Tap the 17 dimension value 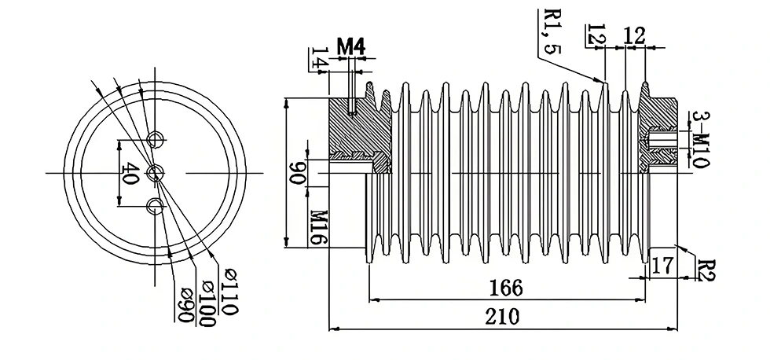pyautogui.click(x=661, y=265)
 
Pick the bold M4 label pyautogui.click(x=350, y=46)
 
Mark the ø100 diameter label pyautogui.click(x=207, y=296)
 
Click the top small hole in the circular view pyautogui.click(x=156, y=140)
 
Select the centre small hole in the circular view pyautogui.click(x=156, y=172)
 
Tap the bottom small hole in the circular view pyautogui.click(x=156, y=207)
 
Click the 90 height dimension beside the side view pyautogui.click(x=298, y=174)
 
